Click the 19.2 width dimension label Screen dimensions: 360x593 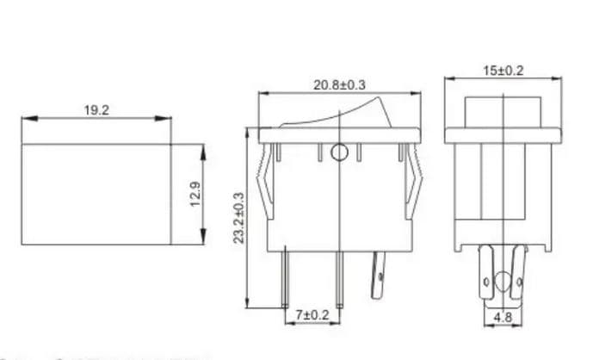(96, 110)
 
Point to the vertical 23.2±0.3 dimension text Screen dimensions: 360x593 (238, 220)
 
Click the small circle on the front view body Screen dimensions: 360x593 (339, 153)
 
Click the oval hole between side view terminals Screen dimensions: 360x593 (502, 281)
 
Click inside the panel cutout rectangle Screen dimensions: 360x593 (96, 195)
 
